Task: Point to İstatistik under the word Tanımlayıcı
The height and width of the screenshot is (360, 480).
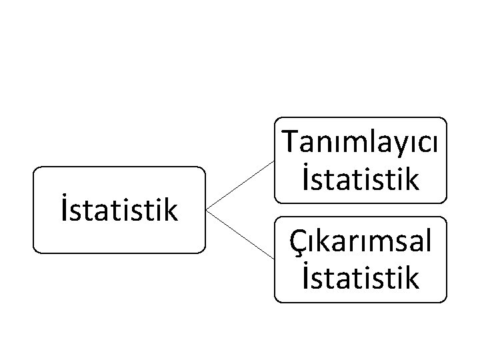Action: [x=361, y=179]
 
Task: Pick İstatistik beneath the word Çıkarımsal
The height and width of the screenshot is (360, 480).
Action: [x=361, y=277]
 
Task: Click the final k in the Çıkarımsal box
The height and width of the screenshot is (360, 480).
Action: [x=413, y=277]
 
